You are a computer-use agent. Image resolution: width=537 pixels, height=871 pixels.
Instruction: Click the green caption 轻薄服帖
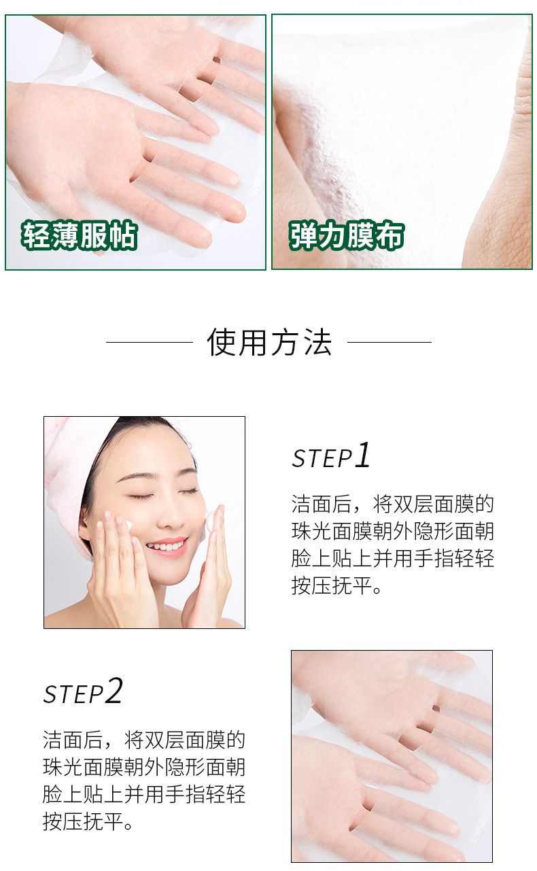[x=80, y=235]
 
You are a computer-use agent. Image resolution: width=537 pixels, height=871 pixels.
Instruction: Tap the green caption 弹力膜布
[x=347, y=235]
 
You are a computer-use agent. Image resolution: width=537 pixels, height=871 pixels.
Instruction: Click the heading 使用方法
[x=269, y=342]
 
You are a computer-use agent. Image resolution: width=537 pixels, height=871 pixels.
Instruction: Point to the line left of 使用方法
[x=150, y=342]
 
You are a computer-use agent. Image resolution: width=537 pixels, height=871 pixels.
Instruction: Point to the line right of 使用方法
[x=389, y=342]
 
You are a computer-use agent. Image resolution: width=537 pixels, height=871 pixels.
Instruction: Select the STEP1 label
[x=331, y=455]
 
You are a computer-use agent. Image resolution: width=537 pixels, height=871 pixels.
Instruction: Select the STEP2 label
[x=83, y=691]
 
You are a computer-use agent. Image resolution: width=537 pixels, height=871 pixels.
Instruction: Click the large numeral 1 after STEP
[x=363, y=454]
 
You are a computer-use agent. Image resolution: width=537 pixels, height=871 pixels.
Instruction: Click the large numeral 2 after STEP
[x=114, y=690]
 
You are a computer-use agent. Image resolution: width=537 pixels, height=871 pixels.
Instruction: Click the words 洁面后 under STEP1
[x=322, y=505]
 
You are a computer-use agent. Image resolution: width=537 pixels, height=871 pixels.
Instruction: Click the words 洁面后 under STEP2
[x=73, y=740]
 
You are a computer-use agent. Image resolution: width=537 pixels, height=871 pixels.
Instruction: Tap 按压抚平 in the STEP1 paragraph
[x=332, y=585]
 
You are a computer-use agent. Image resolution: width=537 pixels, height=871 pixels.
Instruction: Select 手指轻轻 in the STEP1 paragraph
[x=454, y=558]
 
